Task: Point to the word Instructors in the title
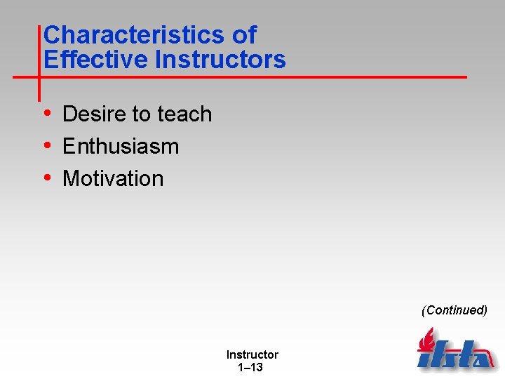tap(220, 60)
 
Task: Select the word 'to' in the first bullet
tap(145, 114)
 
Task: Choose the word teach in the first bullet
tap(185, 114)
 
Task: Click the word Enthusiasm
tap(121, 146)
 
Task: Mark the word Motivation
tap(113, 178)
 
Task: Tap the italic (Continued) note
tap(454, 310)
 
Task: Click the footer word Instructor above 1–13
tap(252, 355)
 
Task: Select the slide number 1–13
tap(251, 367)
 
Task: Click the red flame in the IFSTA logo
tap(426, 340)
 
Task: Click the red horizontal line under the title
tap(281, 76)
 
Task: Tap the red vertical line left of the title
tap(39, 49)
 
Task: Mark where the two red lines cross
tap(39, 76)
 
